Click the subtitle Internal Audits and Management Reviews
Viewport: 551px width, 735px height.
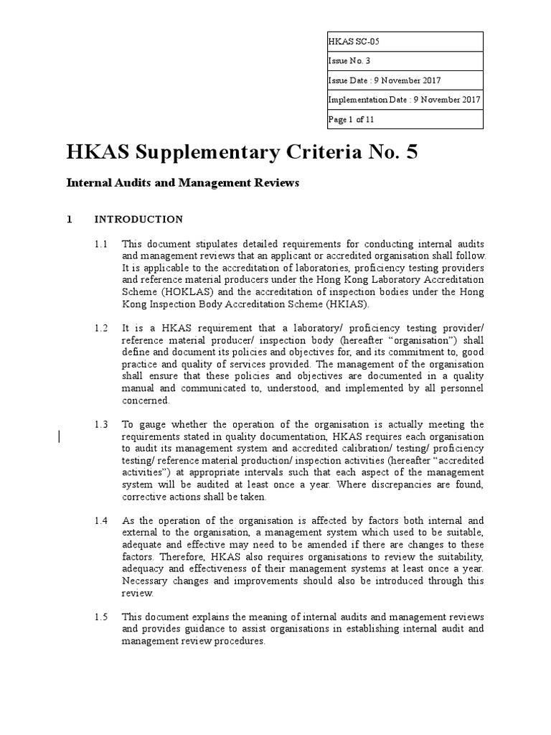point(182,183)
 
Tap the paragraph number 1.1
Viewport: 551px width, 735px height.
point(101,245)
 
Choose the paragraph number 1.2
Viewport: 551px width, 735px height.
point(101,327)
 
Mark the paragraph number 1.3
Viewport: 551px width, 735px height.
point(101,425)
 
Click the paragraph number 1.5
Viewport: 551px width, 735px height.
point(101,617)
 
